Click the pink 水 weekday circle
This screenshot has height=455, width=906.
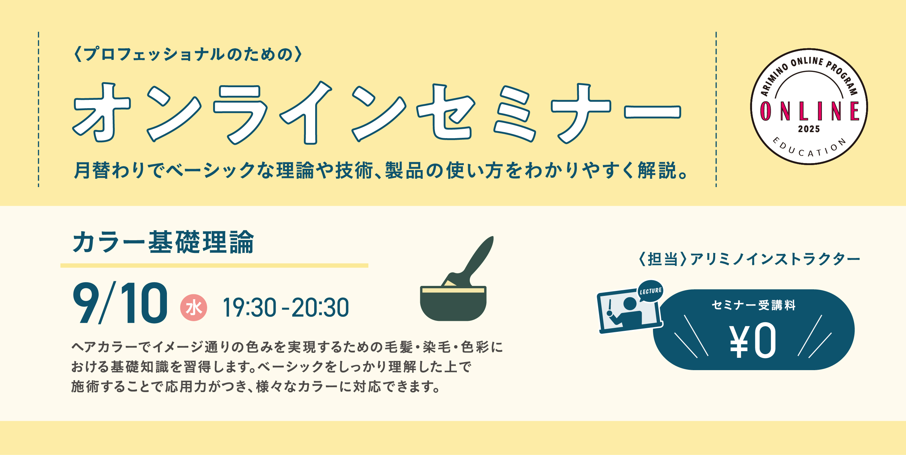click(x=194, y=308)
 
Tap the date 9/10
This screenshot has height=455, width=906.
click(x=120, y=303)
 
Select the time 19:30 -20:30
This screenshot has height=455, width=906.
click(x=286, y=308)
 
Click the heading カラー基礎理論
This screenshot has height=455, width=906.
click(x=163, y=242)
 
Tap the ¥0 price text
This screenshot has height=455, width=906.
click(x=753, y=341)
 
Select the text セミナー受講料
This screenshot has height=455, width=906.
click(x=754, y=305)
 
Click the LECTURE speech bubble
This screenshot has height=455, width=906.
click(x=650, y=291)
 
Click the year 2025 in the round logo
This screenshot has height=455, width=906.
click(x=809, y=129)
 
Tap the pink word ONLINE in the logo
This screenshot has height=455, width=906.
click(x=809, y=111)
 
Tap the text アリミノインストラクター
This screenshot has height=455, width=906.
click(x=775, y=259)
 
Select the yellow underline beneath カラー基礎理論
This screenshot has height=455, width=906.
click(x=214, y=266)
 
